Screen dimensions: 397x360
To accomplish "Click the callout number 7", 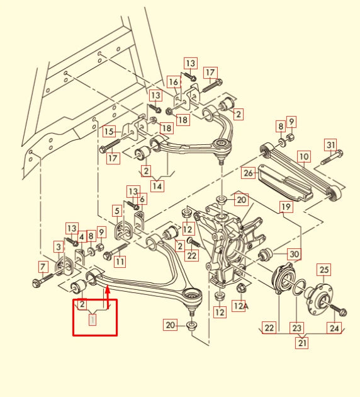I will click(43, 266).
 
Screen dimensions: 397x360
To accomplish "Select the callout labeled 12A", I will click(239, 306).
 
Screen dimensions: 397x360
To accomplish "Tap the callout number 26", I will click(249, 172).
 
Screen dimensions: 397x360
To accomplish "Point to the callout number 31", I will click(330, 144).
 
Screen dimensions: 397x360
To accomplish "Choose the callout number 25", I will click(323, 270).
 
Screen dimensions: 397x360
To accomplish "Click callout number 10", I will click(303, 156).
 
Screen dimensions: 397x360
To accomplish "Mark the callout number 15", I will click(110, 132).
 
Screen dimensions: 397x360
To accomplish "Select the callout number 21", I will click(303, 343).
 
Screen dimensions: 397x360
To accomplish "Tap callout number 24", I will click(334, 327).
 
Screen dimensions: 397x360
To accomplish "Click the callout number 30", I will click(294, 254).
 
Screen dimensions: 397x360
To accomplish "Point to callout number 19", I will click(286, 207).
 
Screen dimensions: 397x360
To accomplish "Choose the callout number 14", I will click(157, 186).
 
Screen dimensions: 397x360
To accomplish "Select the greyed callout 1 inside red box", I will click(93, 320).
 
